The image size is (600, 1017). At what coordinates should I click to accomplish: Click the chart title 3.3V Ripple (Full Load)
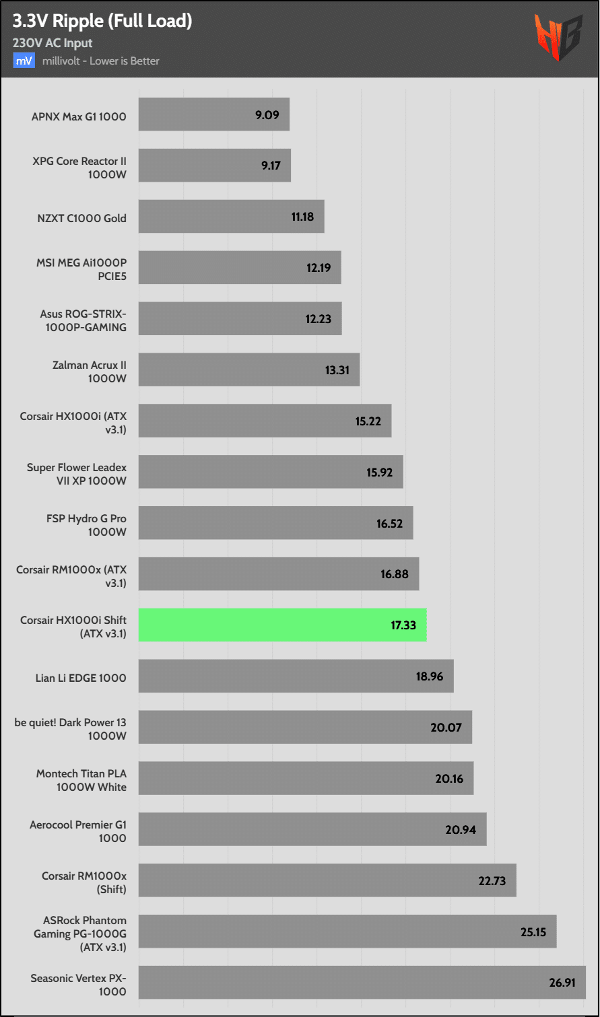(x=102, y=21)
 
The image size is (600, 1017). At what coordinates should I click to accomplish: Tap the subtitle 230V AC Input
(x=53, y=43)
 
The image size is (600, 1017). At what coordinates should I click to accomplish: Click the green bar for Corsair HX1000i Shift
(x=282, y=625)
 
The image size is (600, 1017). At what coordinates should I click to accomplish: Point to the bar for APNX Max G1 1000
(x=213, y=114)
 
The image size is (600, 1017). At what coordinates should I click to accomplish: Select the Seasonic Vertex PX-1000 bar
(x=362, y=982)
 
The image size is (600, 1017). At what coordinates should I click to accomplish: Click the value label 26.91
(x=562, y=982)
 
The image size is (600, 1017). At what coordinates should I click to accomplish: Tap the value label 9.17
(x=271, y=165)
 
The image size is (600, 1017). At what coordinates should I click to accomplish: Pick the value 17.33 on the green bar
(x=403, y=625)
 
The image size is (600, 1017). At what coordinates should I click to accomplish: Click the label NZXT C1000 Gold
(x=81, y=218)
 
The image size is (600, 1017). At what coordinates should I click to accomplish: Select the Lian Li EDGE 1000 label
(x=81, y=678)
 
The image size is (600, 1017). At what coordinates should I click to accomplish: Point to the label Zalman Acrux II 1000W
(x=90, y=372)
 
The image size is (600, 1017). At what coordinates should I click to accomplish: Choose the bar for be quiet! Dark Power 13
(x=305, y=727)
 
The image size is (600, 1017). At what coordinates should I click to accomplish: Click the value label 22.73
(x=492, y=880)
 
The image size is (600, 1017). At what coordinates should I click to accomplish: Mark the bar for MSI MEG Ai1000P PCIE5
(x=240, y=267)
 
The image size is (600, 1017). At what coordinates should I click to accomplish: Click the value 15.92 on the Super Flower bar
(x=379, y=472)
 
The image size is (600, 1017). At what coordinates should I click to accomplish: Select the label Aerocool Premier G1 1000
(x=78, y=831)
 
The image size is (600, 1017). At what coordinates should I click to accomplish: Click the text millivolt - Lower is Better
(x=101, y=61)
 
